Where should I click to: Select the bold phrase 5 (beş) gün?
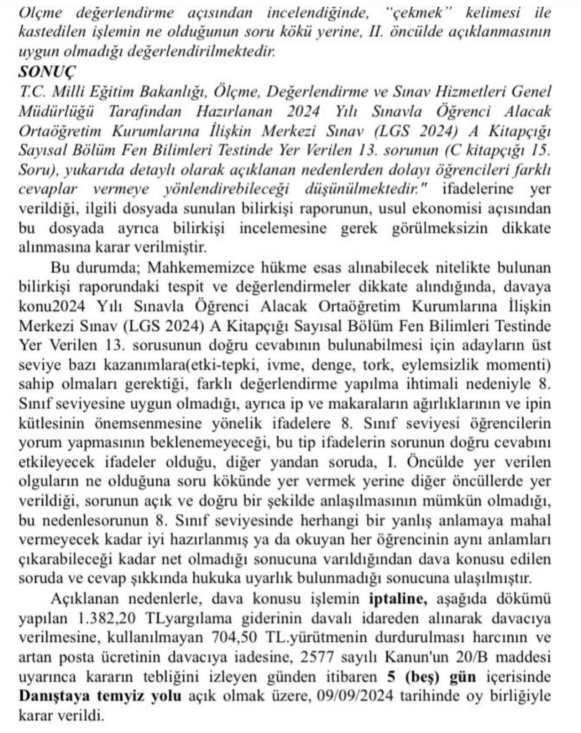[x=431, y=677]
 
